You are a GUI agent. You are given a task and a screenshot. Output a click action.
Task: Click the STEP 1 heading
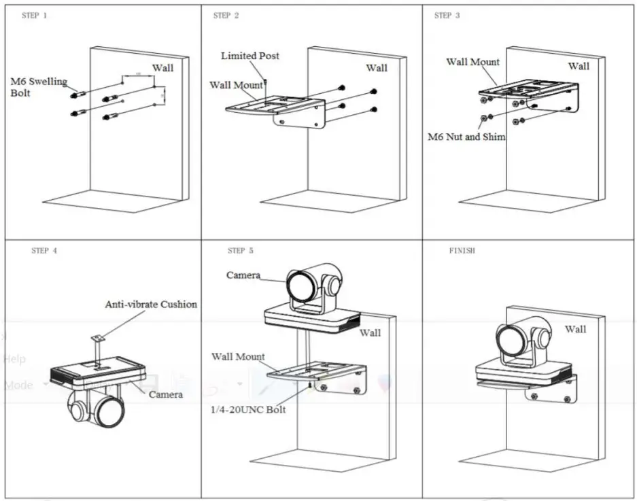coord(35,16)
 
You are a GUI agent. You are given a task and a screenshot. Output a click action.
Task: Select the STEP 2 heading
coord(226,16)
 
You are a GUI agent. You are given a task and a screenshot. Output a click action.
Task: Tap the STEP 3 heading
coord(447,16)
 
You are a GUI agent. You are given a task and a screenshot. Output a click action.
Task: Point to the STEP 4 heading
coord(44,251)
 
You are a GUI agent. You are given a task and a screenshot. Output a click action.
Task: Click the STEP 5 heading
coord(241,251)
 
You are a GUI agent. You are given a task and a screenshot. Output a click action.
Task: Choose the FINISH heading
coord(462,251)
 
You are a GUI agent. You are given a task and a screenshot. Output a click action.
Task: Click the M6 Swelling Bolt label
coord(38,87)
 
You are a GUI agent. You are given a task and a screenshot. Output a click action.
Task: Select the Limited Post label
coord(249,56)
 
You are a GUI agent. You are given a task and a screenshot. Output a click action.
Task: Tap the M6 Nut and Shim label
coord(466,137)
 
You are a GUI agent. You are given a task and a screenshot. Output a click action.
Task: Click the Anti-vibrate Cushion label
coord(151,305)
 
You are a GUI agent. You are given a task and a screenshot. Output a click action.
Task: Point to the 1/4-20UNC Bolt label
coord(249,409)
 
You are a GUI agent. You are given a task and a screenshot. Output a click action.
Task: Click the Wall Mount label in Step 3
coord(472,62)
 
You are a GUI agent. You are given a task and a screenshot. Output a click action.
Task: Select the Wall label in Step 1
coord(162,67)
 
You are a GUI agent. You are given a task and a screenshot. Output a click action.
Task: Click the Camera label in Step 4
coord(165,394)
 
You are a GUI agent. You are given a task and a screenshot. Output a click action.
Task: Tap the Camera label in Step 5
coord(243,275)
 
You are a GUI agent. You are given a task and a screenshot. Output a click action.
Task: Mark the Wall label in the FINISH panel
coord(575,329)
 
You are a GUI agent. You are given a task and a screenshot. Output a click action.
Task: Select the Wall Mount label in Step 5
coord(238,356)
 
